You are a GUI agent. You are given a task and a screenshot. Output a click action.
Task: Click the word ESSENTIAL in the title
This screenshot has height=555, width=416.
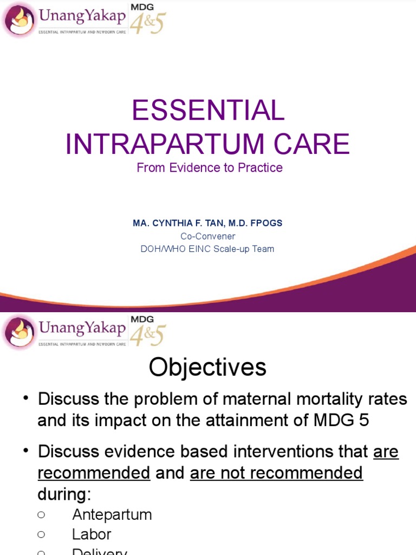pos(207,111)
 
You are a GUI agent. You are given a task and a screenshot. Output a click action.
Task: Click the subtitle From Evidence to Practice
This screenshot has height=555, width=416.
pos(210,168)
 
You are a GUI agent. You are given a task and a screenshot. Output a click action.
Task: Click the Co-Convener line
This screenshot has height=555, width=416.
pos(208,236)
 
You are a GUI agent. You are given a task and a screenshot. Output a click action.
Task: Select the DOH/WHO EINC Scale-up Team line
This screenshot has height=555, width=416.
pos(207,249)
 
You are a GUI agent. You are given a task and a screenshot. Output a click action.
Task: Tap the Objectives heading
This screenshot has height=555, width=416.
pos(207,367)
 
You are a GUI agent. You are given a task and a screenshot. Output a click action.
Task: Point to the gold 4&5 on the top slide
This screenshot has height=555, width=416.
pos(147,23)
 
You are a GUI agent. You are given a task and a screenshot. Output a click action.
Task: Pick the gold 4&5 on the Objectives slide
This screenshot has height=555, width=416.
pos(147,335)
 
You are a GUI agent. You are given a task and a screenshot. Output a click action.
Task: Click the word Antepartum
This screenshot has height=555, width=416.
pos(112,514)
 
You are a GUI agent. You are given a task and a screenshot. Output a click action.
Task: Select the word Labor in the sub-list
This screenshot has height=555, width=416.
pos(92,534)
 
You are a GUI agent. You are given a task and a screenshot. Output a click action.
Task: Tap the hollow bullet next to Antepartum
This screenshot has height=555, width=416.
pos(41,514)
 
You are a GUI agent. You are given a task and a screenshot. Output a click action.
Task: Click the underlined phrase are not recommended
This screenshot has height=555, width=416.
pos(276,473)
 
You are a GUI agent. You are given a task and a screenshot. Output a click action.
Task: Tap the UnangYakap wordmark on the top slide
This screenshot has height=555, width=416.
pos(81,17)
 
